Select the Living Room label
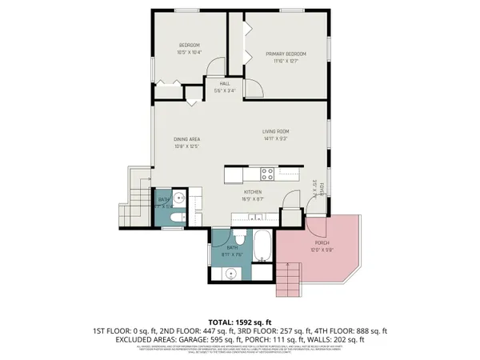pyautogui.click(x=276, y=131)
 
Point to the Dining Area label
pyautogui.click(x=186, y=139)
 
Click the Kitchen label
pyautogui.click(x=254, y=192)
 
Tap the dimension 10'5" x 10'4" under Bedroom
pyautogui.click(x=190, y=52)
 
